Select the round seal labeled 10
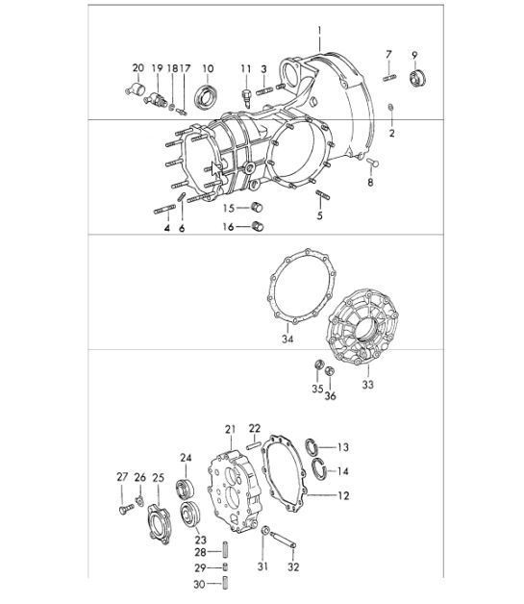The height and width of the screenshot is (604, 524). pyautogui.click(x=206, y=96)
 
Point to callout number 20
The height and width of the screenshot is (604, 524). pyautogui.click(x=137, y=67)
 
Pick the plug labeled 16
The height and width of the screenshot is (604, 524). pyautogui.click(x=257, y=227)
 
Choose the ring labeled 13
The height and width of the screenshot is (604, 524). pyautogui.click(x=314, y=445)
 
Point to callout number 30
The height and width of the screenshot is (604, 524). pyautogui.click(x=200, y=584)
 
